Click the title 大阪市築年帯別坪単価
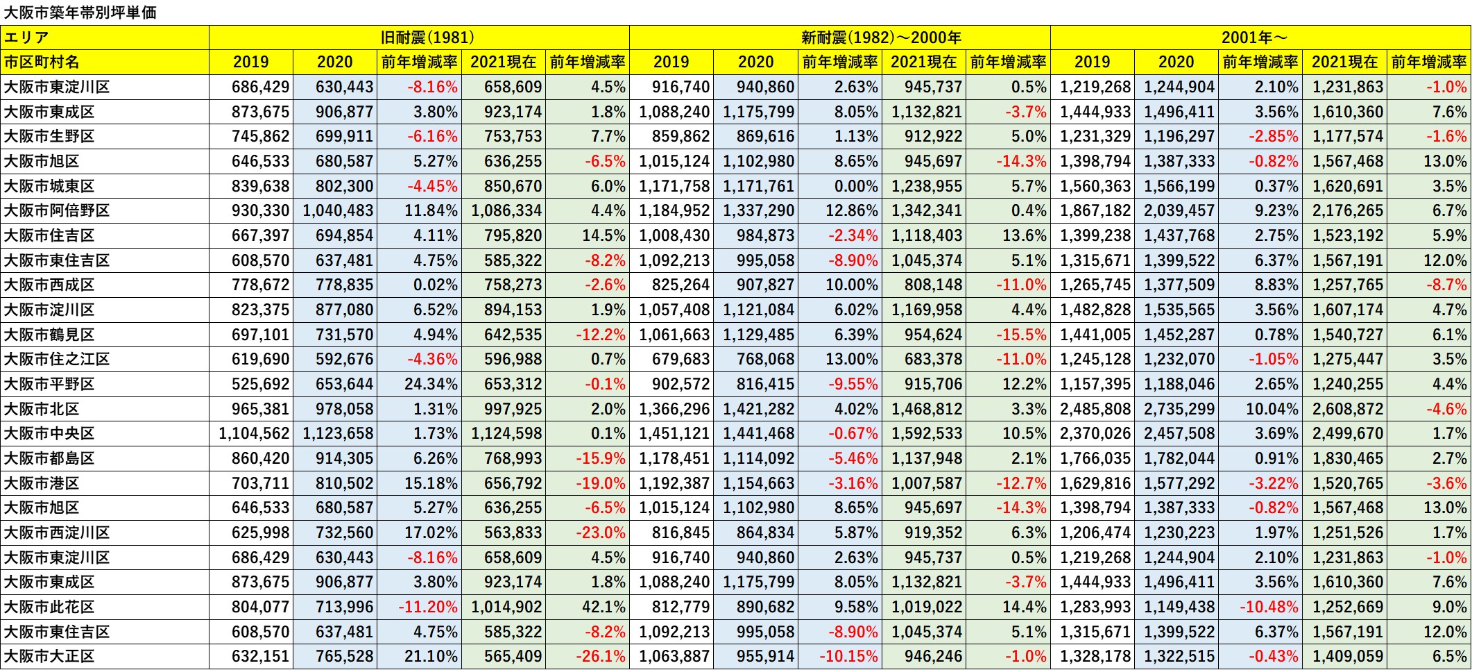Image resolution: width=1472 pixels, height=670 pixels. tap(80, 12)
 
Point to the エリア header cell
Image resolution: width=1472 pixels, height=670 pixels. tap(27, 37)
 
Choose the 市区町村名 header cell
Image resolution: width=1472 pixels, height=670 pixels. tap(42, 62)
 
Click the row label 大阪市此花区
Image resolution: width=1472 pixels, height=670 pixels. tap(49, 607)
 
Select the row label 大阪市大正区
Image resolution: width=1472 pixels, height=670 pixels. tap(49, 656)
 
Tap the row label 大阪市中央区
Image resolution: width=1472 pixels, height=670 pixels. tap(49, 433)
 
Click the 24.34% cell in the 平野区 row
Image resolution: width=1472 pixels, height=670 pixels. tap(431, 384)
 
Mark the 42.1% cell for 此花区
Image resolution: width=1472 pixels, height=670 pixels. tap(604, 607)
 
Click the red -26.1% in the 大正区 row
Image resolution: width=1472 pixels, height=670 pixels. tap(601, 656)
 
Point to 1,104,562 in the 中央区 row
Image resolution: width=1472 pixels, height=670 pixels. tap(254, 433)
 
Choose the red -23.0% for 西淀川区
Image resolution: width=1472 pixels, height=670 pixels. tap(601, 533)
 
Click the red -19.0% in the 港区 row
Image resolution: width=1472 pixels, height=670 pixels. tap(601, 483)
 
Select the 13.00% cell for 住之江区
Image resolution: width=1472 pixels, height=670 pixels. tap(851, 359)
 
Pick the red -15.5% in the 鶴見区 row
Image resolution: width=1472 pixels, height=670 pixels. tap(1021, 335)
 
